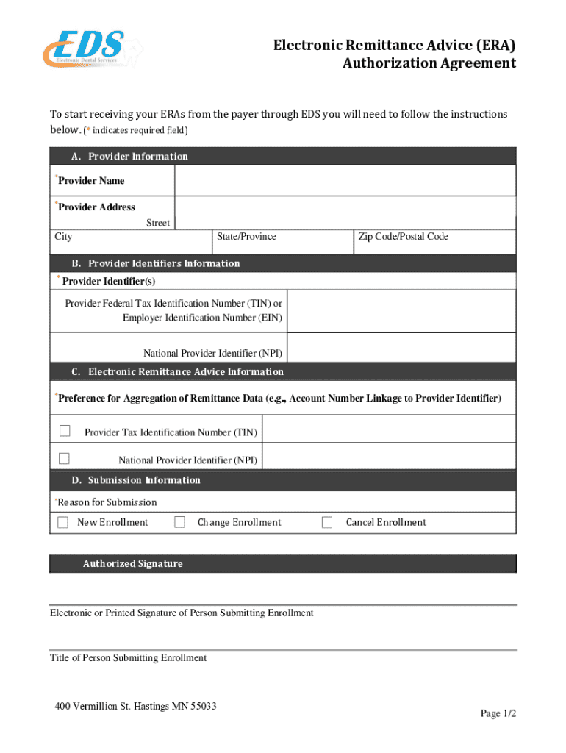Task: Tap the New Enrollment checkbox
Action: coord(62,522)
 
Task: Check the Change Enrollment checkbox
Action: coord(179,522)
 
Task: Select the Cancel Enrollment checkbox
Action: coord(328,522)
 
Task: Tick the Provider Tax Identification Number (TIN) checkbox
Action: coord(65,431)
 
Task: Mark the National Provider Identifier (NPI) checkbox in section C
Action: coord(65,459)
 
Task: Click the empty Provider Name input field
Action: coord(345,181)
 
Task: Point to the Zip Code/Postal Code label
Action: coord(403,237)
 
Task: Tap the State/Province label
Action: coord(247,237)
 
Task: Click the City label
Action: coord(63,237)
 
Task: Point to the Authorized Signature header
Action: coord(132,564)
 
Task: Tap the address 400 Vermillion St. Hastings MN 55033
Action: coord(136,707)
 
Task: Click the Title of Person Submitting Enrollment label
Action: coord(128,658)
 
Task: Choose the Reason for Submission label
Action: coord(107,502)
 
